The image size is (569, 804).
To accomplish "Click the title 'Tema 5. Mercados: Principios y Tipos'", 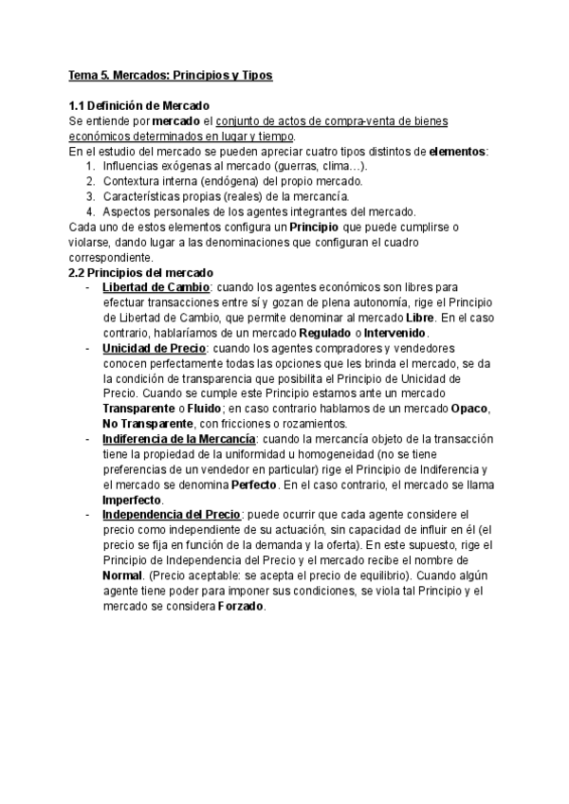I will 171,74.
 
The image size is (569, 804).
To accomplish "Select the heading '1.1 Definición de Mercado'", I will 140,105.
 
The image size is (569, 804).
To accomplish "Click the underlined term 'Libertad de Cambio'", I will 156,287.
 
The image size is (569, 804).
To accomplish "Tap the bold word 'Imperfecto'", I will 132,500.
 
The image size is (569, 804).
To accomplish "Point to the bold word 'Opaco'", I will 468,409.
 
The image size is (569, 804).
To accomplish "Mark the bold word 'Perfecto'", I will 250,484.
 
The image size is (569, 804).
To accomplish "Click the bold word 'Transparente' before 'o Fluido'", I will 140,409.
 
